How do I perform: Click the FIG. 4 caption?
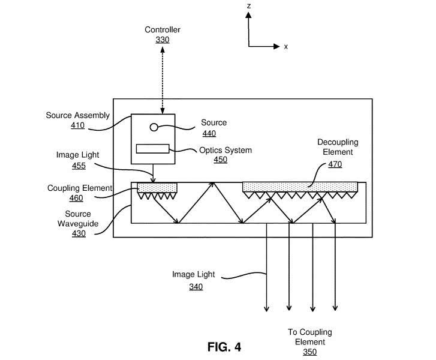click(x=224, y=347)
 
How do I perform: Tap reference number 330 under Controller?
click(x=163, y=40)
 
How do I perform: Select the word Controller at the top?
click(x=163, y=30)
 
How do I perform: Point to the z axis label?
click(x=248, y=5)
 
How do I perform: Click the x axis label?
click(x=286, y=46)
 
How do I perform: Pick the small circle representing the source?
click(x=154, y=127)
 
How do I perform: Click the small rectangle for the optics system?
click(x=153, y=149)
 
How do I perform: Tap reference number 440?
click(x=209, y=133)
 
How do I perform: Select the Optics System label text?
click(x=225, y=150)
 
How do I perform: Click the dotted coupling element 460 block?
click(x=157, y=188)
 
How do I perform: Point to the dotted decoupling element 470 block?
click(x=300, y=187)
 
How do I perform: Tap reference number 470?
click(x=335, y=164)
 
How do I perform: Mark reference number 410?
click(x=78, y=125)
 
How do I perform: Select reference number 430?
click(x=78, y=233)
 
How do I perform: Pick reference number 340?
click(x=196, y=287)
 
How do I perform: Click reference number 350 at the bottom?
click(x=309, y=352)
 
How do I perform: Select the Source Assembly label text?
click(x=78, y=115)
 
